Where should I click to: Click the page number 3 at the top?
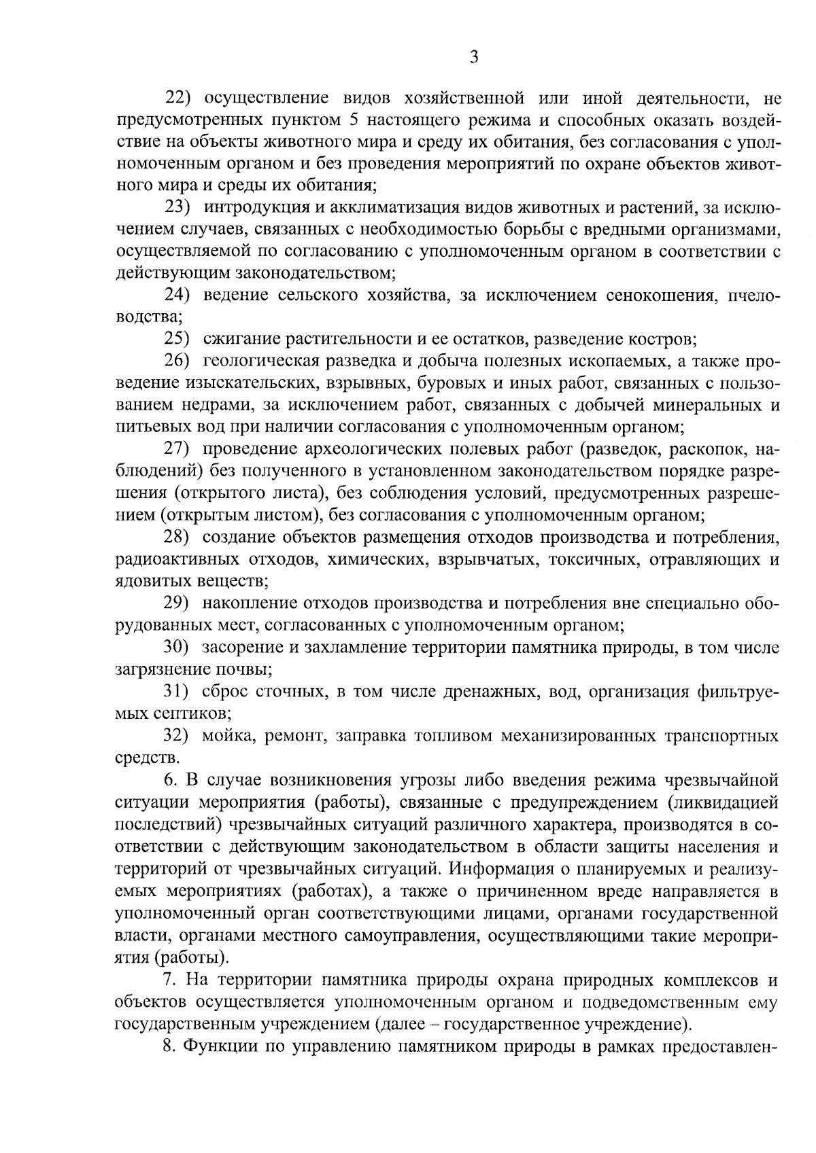(x=474, y=58)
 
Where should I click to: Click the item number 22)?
(x=180, y=99)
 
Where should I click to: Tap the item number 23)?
(x=180, y=207)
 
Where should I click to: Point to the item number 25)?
(x=180, y=338)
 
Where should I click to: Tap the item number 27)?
(x=180, y=448)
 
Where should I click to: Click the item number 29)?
(x=180, y=603)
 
